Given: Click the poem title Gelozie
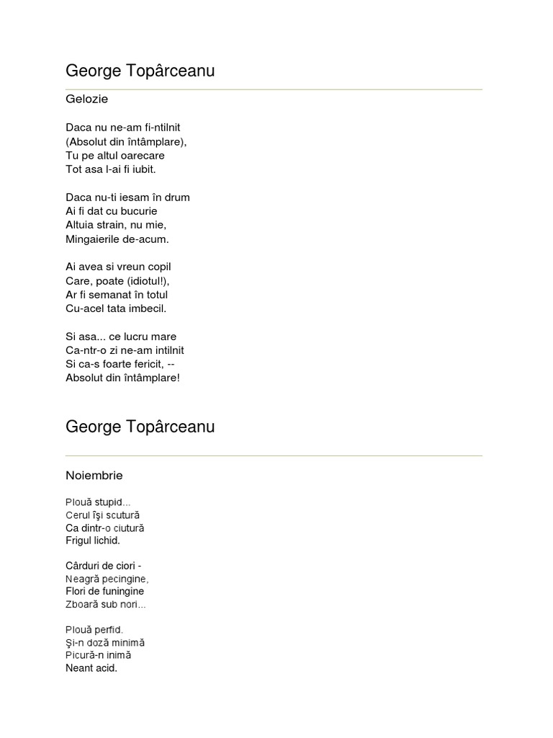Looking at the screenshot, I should click(86, 99).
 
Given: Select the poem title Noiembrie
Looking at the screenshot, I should click(94, 476).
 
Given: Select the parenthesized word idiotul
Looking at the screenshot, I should click(148, 281).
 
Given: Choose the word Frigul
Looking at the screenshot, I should click(80, 541).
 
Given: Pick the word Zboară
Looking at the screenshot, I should click(81, 605).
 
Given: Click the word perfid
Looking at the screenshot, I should click(109, 630).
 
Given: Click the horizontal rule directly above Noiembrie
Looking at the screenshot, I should click(274, 455).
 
